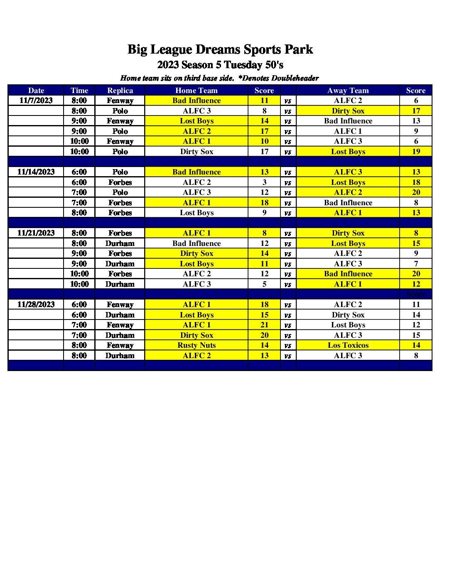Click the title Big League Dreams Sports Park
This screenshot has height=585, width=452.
[x=220, y=49]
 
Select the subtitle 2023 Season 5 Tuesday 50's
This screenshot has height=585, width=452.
[x=220, y=65]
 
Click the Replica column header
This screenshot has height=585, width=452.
[x=120, y=91]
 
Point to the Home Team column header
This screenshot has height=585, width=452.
[x=196, y=91]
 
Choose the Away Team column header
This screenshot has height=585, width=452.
[x=348, y=91]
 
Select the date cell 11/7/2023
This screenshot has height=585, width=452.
[x=36, y=101]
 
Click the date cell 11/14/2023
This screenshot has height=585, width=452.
[x=36, y=172]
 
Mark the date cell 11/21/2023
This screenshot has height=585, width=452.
[x=36, y=233]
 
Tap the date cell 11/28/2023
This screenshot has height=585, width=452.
[x=36, y=305]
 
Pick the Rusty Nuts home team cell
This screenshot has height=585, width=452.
[x=197, y=345]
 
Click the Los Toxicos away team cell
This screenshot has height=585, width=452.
[x=348, y=345]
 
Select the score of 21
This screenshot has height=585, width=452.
[x=264, y=325]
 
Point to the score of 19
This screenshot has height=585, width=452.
[x=416, y=152]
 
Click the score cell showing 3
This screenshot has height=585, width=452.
[x=264, y=182]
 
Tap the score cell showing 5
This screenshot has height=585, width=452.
[x=264, y=284]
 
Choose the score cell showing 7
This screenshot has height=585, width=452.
[x=416, y=264]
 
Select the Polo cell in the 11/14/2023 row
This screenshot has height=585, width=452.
[x=120, y=172]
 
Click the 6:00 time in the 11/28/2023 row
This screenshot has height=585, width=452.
[x=79, y=305]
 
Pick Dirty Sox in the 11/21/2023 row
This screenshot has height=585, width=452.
[x=348, y=233]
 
